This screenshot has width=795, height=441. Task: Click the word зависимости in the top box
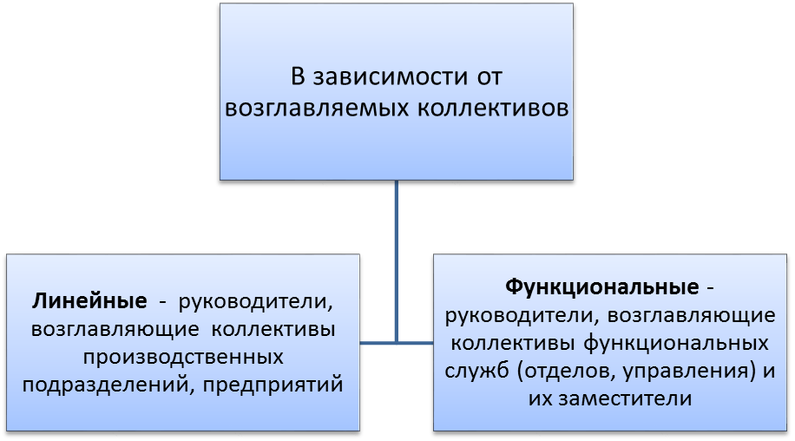click(x=390, y=76)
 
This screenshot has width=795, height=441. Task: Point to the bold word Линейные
click(x=89, y=301)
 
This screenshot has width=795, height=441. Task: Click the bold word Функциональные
click(x=601, y=287)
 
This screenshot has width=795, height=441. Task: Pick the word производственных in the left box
click(x=183, y=357)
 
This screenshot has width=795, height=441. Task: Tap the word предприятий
click(x=273, y=385)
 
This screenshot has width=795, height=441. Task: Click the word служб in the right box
click(x=476, y=371)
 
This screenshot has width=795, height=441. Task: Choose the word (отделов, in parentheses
click(x=567, y=372)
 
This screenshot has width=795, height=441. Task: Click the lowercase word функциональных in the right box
click(x=676, y=344)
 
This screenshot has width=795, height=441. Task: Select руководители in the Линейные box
click(x=255, y=301)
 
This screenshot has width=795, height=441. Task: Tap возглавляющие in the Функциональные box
click(x=691, y=316)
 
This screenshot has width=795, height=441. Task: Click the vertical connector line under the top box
click(x=396, y=261)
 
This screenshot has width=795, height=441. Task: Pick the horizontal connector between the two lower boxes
click(x=397, y=343)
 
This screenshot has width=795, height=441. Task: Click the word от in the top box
click(x=489, y=77)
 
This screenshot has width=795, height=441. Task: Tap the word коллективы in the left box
click(x=273, y=330)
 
